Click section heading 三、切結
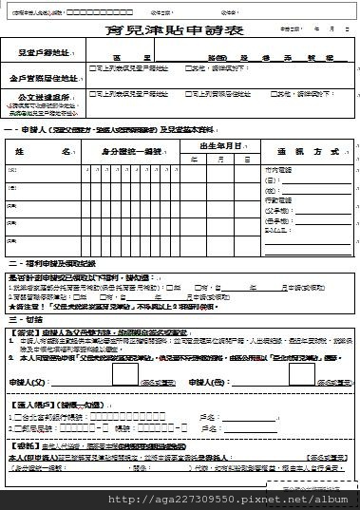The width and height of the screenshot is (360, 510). coord(25,318)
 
